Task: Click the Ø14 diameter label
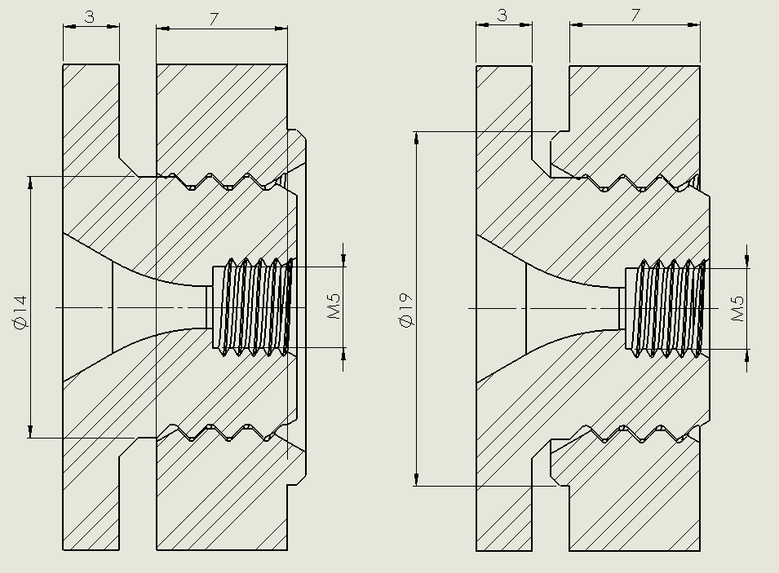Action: (21, 311)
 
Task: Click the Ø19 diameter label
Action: (409, 311)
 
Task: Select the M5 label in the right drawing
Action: (738, 307)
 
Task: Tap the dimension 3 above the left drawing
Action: (91, 16)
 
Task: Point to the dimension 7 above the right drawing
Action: (635, 15)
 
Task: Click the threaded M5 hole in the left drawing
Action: (253, 306)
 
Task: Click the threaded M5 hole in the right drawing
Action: (665, 307)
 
